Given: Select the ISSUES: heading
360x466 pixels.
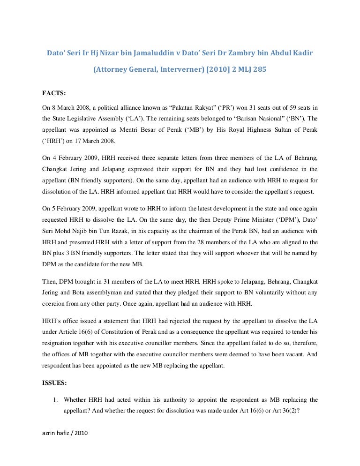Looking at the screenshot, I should pos(54,383).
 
